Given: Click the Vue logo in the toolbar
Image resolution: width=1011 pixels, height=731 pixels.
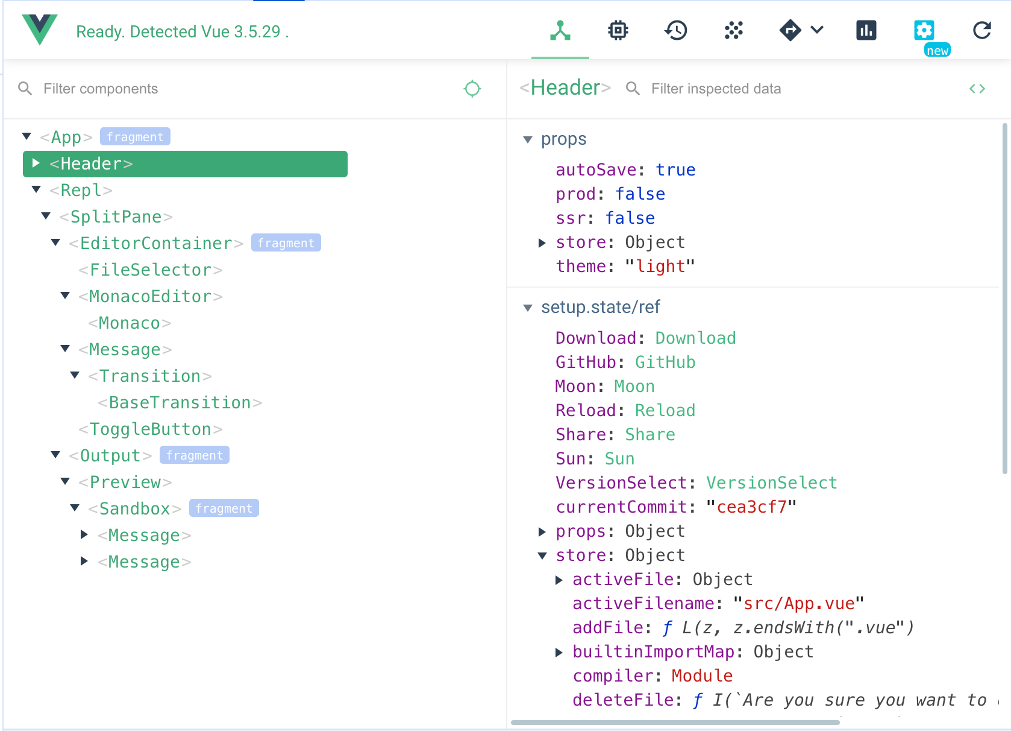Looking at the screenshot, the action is point(40,30).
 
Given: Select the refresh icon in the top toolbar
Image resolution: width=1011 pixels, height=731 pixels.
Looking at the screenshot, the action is point(981,30).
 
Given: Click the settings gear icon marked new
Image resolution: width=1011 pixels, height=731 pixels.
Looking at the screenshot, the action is point(924,30).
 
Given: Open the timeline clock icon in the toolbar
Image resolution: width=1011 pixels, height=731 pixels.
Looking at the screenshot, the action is point(676,30).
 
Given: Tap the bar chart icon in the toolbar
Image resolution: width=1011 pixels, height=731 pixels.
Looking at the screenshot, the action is point(866,30).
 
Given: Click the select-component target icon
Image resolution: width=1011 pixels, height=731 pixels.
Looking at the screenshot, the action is point(472,89).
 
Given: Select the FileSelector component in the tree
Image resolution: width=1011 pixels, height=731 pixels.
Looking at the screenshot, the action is point(151,270).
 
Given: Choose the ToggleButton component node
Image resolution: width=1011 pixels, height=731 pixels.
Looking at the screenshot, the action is point(151,429).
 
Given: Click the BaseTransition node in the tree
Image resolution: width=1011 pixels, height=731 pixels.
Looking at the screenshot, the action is point(180,402).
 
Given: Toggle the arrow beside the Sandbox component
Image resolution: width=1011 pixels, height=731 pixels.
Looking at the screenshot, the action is point(75,508).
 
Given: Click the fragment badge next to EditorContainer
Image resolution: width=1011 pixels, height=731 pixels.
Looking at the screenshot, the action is point(286,243).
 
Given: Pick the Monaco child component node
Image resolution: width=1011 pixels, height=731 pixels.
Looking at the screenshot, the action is point(130,323).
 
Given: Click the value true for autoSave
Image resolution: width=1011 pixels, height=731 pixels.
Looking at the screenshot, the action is point(675,170).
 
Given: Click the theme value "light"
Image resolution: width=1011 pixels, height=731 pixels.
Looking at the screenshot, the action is point(660,267).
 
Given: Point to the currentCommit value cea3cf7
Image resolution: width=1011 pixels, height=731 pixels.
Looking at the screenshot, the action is point(751,507).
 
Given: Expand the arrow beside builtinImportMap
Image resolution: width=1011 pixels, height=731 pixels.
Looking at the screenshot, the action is point(559,652).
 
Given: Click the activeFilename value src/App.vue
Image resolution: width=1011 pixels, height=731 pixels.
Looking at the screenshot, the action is point(798,604).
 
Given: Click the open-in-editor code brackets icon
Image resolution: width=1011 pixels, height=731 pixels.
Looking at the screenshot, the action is point(977,89).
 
